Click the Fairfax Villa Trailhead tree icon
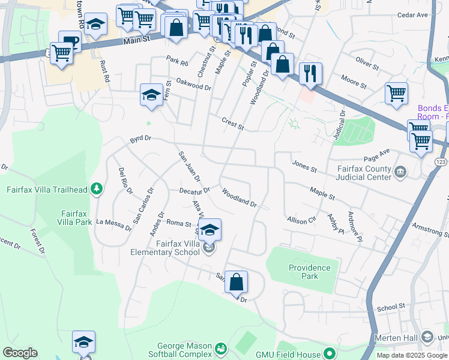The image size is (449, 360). [96, 190]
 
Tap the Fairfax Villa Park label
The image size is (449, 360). [76, 217]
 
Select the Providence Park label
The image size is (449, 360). [309, 272]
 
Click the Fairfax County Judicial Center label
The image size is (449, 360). [359, 173]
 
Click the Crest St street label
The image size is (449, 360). [232, 123]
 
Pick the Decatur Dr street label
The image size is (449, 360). [194, 190]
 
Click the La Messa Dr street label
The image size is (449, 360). [113, 224]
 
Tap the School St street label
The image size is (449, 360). [391, 308]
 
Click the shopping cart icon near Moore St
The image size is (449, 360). [396, 93]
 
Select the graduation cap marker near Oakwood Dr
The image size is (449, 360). [152, 94]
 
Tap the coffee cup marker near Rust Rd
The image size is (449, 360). [70, 41]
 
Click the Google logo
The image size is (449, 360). [20, 353]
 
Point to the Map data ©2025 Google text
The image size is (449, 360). [411, 355]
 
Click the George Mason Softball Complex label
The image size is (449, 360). [185, 350]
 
